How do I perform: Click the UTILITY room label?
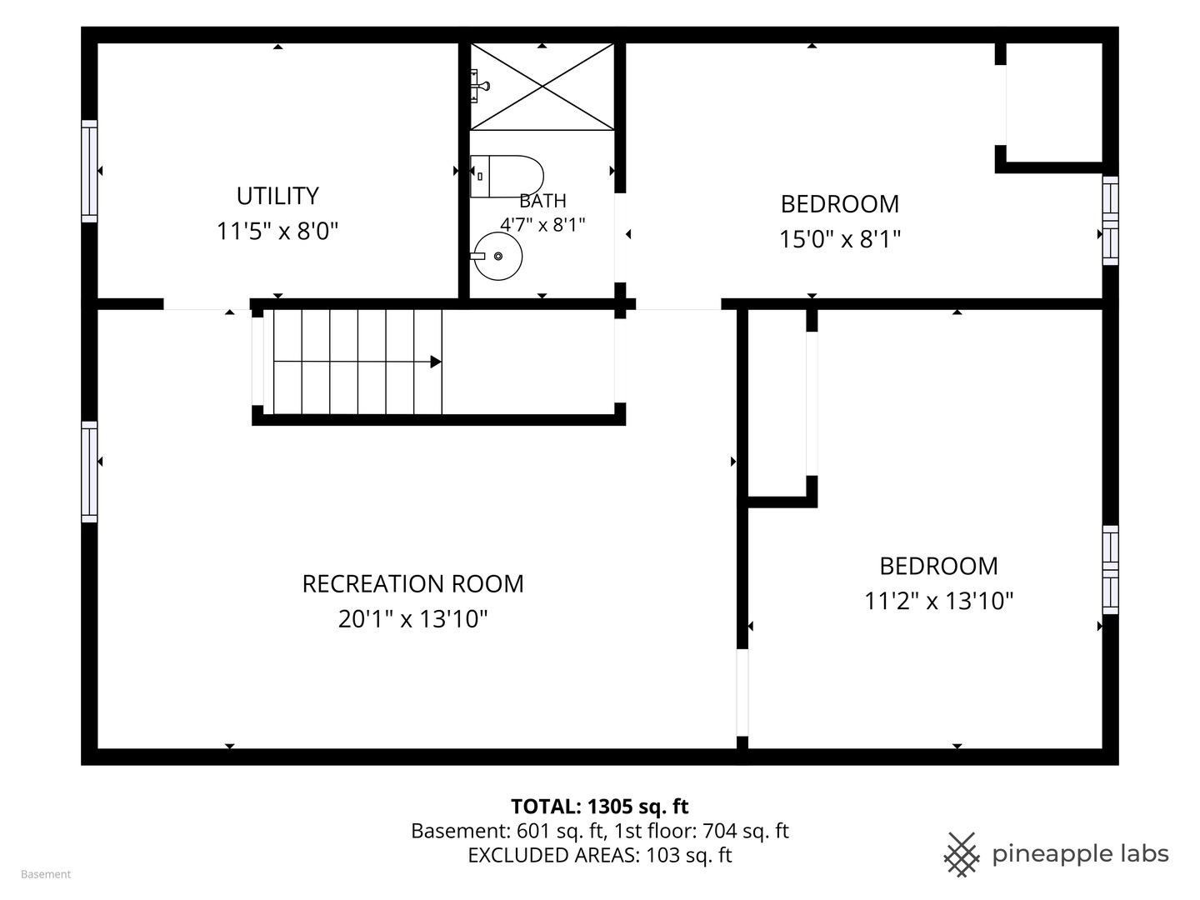click(277, 196)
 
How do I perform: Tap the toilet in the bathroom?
click(507, 176)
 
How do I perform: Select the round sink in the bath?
click(497, 257)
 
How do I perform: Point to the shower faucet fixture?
click(479, 86)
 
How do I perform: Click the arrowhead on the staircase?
click(436, 362)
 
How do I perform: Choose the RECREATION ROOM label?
click(412, 583)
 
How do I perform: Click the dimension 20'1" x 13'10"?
click(412, 619)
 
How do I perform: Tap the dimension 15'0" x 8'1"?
click(840, 239)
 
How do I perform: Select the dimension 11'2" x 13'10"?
click(938, 601)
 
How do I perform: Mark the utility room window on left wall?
click(89, 171)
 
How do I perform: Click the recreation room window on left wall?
click(89, 472)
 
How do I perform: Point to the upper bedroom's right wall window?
click(1110, 221)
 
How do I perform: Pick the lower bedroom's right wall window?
click(1110, 570)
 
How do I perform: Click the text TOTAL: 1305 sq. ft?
click(600, 806)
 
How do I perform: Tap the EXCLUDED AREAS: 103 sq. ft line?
click(600, 855)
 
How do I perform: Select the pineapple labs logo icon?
click(962, 855)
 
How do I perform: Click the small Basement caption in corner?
click(46, 874)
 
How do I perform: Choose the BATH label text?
click(542, 201)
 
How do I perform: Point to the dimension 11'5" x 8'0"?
click(277, 231)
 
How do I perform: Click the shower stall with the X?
click(542, 87)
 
